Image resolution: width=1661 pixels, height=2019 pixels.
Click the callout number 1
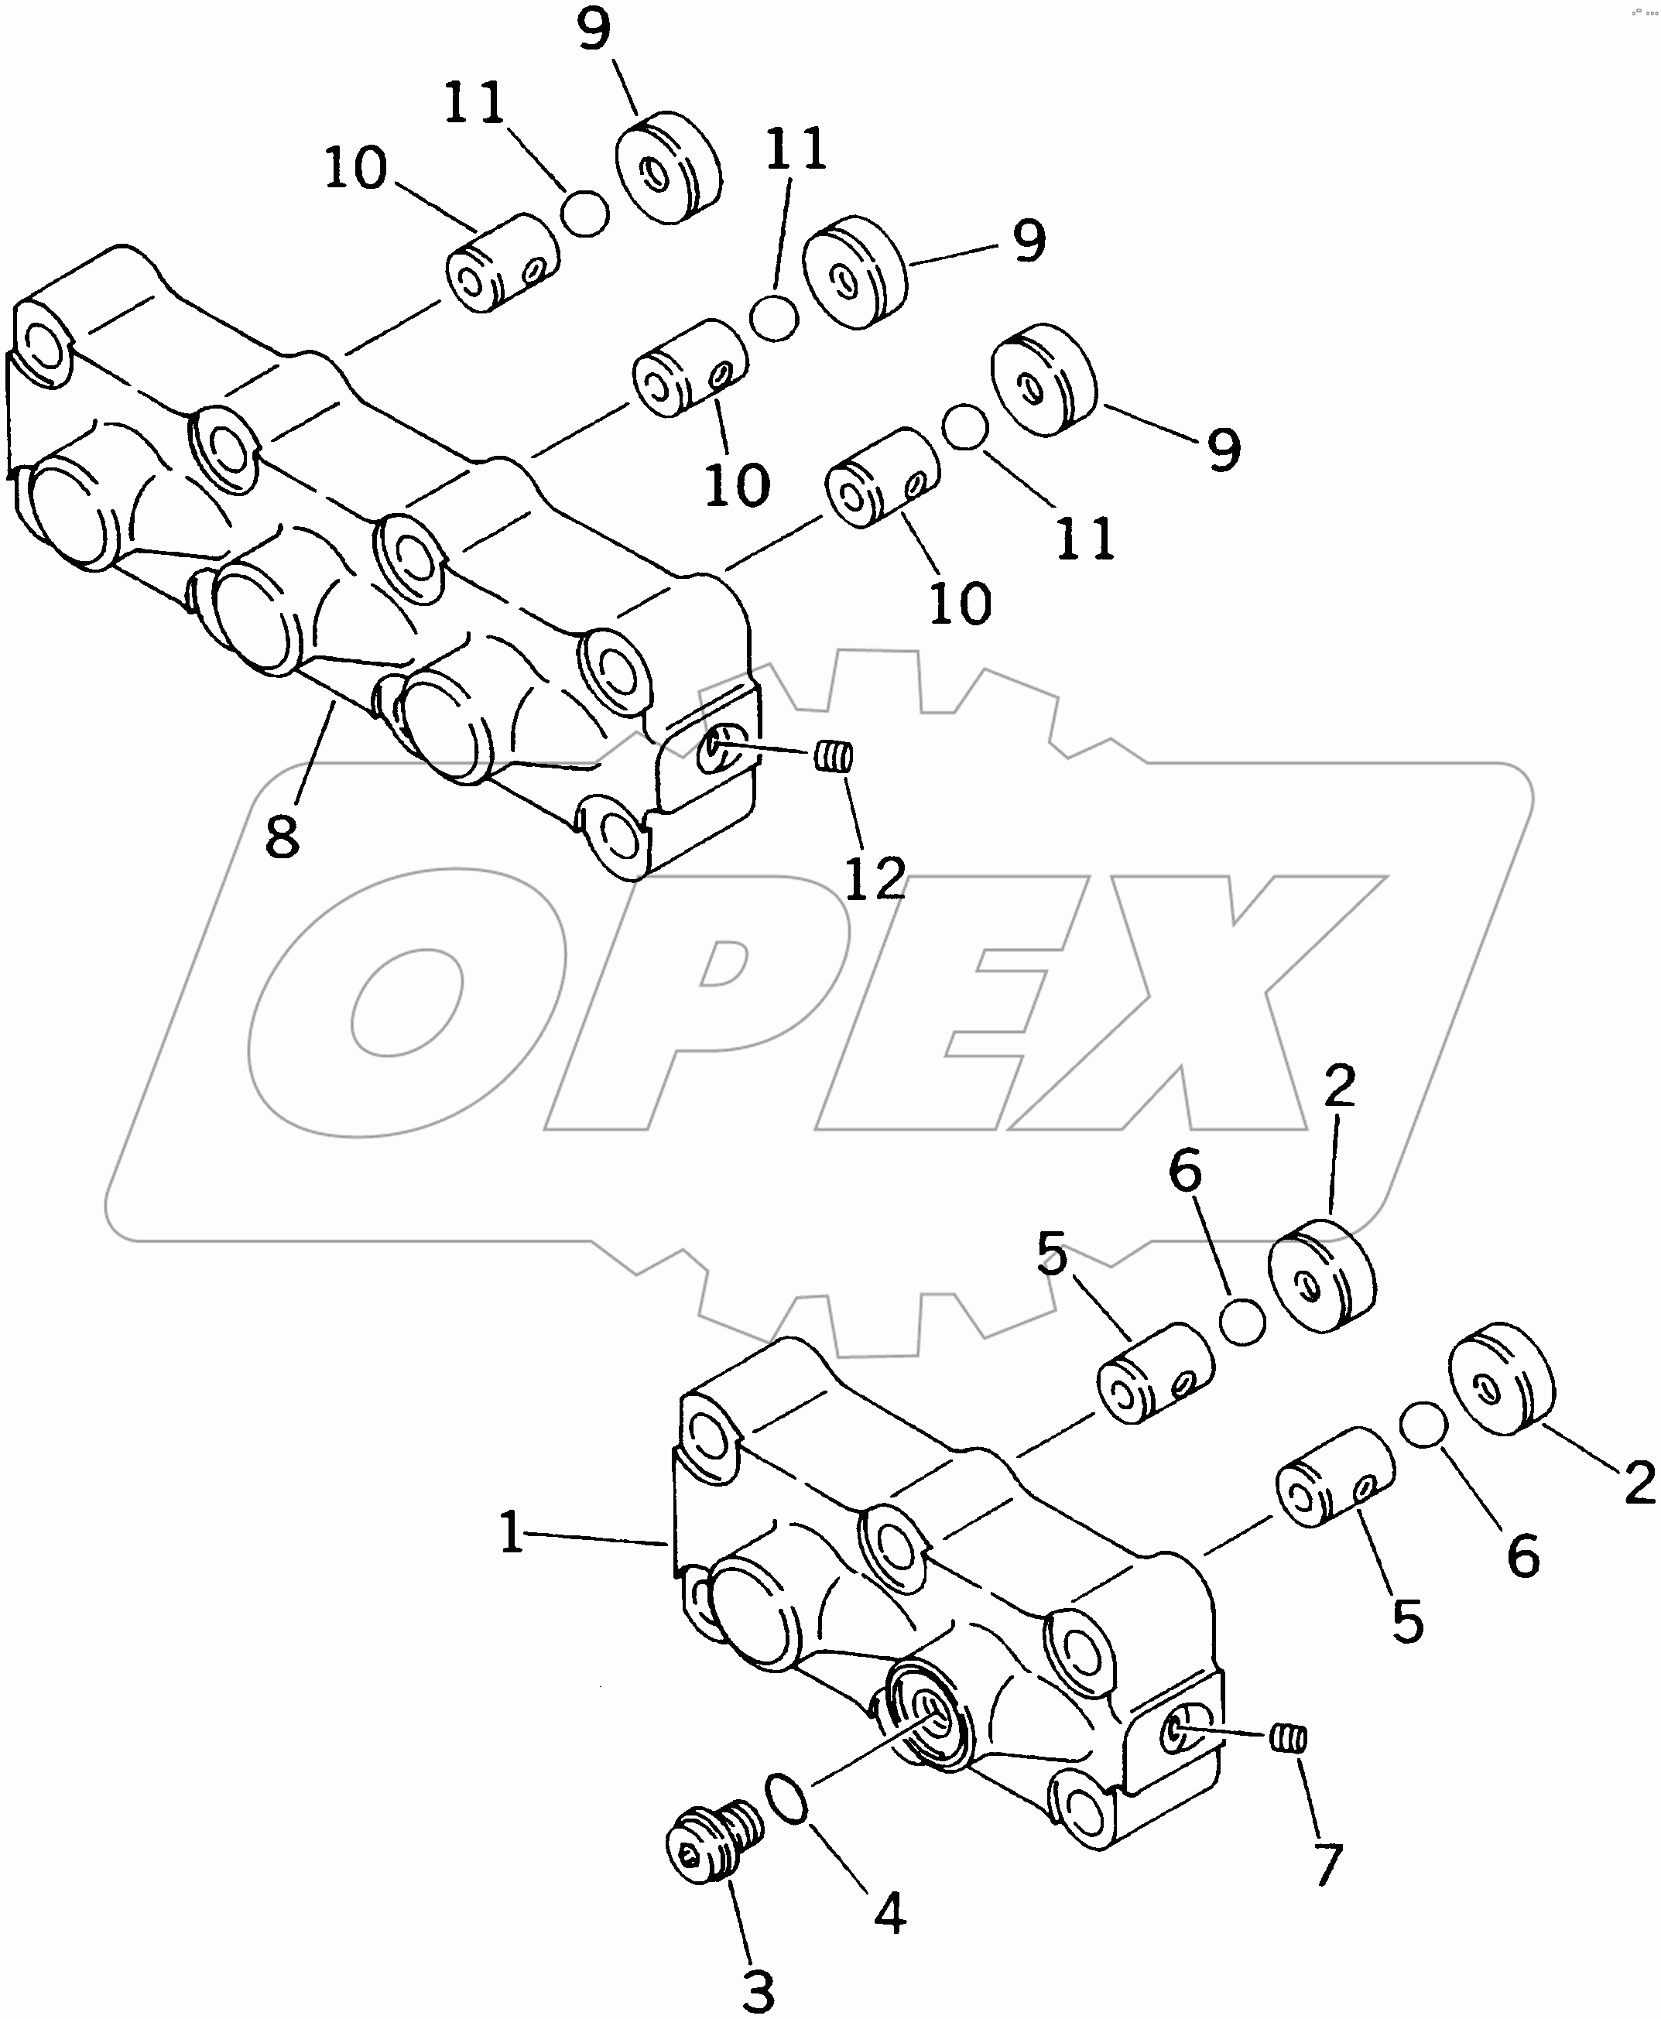(x=512, y=1533)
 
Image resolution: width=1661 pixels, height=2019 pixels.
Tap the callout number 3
(x=758, y=1986)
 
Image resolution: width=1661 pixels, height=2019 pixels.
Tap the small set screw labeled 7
(x=1289, y=1735)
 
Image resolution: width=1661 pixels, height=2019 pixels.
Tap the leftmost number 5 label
(x=1052, y=1253)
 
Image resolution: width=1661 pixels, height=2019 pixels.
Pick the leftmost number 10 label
(x=355, y=169)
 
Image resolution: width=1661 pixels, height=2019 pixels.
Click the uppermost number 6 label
(x=1184, y=1171)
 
